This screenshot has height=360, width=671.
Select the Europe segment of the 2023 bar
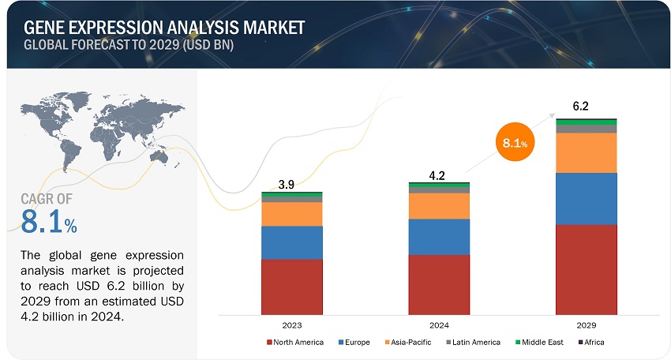(291, 242)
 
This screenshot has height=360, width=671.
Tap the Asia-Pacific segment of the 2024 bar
(439, 206)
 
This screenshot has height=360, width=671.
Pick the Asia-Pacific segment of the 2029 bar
(586, 152)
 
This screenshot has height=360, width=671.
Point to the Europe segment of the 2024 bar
(439, 237)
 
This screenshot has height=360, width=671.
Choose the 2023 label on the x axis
(291, 324)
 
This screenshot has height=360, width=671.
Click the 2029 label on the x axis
(586, 324)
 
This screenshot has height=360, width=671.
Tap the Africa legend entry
(591, 342)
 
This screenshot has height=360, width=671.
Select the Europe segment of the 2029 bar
(586, 199)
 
